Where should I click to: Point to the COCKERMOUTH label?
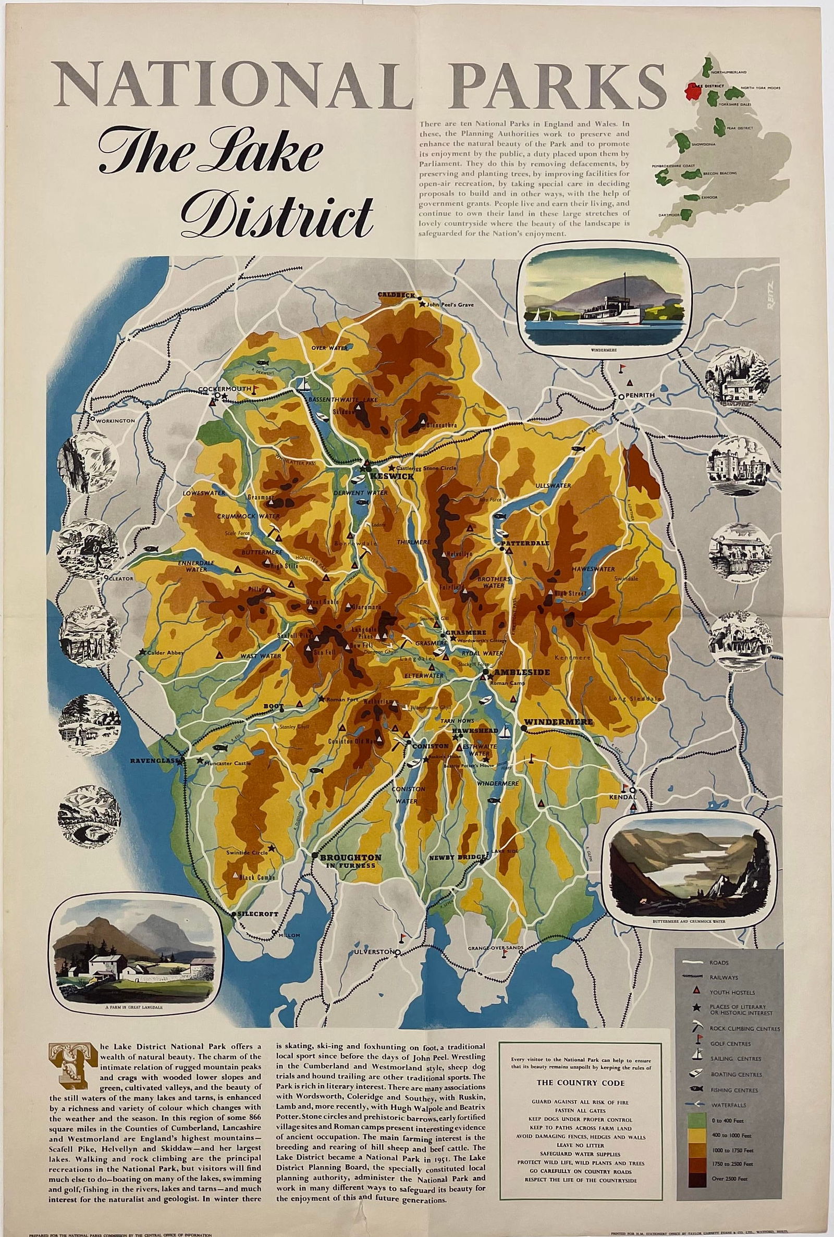point(224,389)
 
